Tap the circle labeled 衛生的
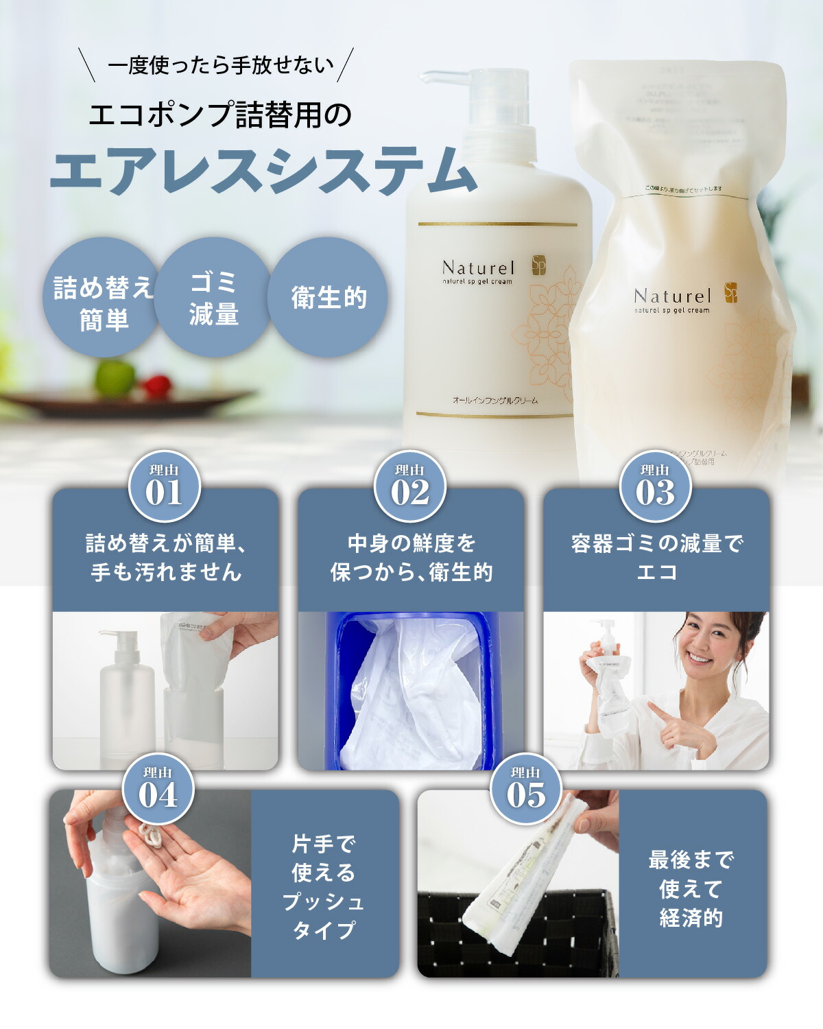click(x=328, y=297)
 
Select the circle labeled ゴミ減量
click(x=213, y=297)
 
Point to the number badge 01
click(x=164, y=486)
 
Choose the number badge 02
click(x=409, y=486)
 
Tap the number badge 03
click(x=655, y=486)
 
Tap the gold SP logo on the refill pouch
click(x=731, y=293)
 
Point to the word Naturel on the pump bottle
click(x=478, y=268)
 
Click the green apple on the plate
click(x=115, y=377)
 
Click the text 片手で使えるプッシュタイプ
click(x=324, y=886)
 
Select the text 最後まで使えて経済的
click(x=691, y=888)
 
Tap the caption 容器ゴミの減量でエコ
click(x=656, y=557)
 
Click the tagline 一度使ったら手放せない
click(x=221, y=66)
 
